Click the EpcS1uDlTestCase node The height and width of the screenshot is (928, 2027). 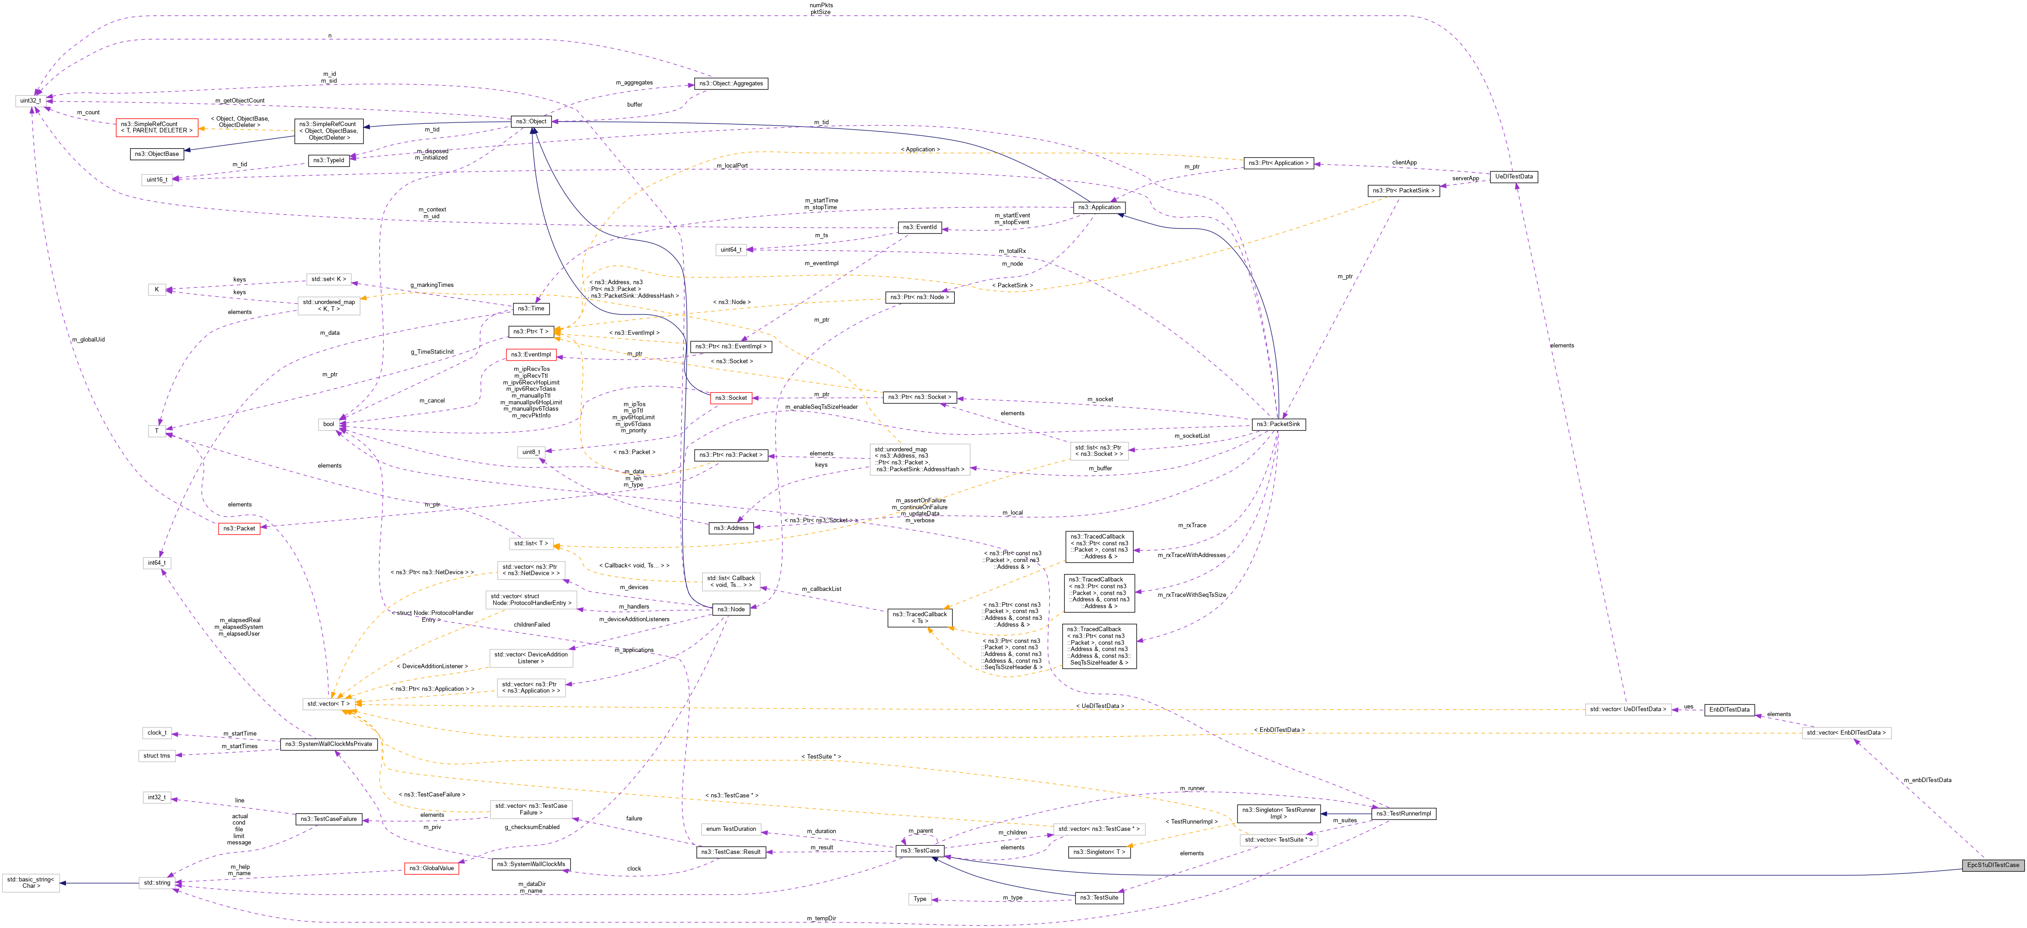pyautogui.click(x=1992, y=865)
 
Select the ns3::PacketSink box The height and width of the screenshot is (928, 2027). pyautogui.click(x=1278, y=424)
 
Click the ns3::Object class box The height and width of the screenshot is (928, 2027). pyautogui.click(x=531, y=121)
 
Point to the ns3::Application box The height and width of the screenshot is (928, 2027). pyautogui.click(x=1099, y=208)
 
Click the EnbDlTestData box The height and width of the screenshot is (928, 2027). pyautogui.click(x=1729, y=709)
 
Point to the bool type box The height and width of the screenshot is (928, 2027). pyautogui.click(x=328, y=424)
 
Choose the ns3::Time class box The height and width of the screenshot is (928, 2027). pyautogui.click(x=531, y=309)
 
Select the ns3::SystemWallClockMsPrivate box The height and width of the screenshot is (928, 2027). pyautogui.click(x=328, y=744)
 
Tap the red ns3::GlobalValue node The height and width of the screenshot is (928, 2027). pyautogui.click(x=431, y=868)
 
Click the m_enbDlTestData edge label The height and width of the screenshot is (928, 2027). pyautogui.click(x=1927, y=780)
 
